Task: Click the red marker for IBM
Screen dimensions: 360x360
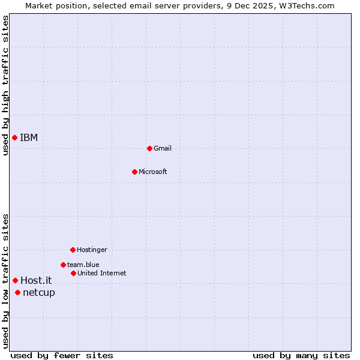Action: (14, 138)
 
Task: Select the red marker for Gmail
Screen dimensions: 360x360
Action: (149, 148)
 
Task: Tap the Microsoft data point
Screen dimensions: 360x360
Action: (134, 172)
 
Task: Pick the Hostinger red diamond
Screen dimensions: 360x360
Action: (73, 250)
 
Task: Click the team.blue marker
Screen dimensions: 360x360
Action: (63, 265)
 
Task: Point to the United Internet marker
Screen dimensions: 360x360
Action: (73, 273)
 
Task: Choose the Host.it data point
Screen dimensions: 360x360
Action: (15, 280)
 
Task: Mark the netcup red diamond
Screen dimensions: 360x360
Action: (17, 293)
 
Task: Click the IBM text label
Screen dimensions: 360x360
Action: (29, 138)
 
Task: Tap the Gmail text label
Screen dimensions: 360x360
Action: (163, 148)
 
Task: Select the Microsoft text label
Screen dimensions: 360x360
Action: (153, 172)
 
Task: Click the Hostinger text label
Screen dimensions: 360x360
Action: (92, 250)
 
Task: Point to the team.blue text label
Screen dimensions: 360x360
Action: (83, 265)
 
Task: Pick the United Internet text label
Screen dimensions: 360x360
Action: (102, 273)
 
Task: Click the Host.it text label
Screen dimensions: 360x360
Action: (36, 280)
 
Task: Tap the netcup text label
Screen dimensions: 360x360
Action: (39, 293)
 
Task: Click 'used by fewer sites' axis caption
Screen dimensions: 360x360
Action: (62, 355)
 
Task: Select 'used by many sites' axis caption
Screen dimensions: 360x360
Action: (301, 355)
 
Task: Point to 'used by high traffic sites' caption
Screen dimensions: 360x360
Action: (5, 85)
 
